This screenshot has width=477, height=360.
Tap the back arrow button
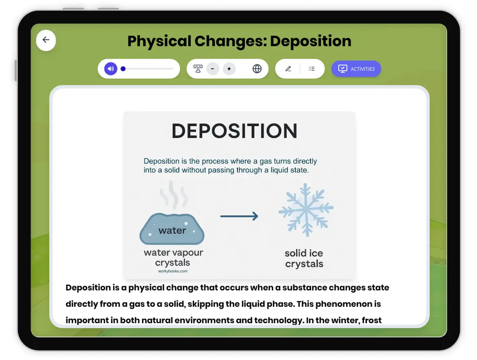coord(46,40)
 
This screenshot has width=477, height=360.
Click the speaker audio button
coord(111,69)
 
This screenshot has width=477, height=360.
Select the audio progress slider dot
coord(123,69)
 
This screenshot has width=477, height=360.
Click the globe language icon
coord(257,69)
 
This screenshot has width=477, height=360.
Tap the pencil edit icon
coord(288,69)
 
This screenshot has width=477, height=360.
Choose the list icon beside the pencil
coord(312,69)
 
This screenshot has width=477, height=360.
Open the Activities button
coord(356,69)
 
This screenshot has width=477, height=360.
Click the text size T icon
coord(198,69)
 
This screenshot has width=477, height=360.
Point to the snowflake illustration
coord(306,209)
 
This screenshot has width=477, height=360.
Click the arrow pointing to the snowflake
coord(239,216)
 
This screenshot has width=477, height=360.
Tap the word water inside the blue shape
coord(172,230)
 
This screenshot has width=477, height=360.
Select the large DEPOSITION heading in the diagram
coord(235,131)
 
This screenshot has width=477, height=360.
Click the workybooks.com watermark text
coord(173,271)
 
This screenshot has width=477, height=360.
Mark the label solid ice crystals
coord(304,258)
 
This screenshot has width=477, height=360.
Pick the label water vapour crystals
coord(173,257)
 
